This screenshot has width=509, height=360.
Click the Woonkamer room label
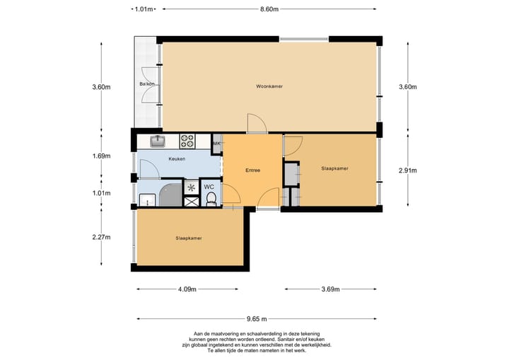269,86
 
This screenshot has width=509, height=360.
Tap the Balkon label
147,84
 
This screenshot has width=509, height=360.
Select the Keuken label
177,159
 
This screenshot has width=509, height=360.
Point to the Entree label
252,170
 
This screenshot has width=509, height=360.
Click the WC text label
209,187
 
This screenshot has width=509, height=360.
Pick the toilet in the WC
211,199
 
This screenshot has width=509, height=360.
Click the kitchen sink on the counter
158,141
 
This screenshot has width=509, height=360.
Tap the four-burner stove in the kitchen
187,141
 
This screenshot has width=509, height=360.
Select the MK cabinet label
216,144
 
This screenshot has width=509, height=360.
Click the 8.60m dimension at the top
269,9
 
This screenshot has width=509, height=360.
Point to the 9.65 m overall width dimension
257,319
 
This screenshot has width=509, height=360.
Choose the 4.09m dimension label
187,289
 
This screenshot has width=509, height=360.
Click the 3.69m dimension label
330,289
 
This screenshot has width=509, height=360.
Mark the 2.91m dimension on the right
408,170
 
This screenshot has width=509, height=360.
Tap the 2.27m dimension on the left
101,237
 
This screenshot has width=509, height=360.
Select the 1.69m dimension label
101,156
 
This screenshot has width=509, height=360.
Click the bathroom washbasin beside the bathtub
147,200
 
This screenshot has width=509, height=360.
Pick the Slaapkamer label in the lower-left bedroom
189,238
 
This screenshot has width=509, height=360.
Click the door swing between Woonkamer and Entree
257,124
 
